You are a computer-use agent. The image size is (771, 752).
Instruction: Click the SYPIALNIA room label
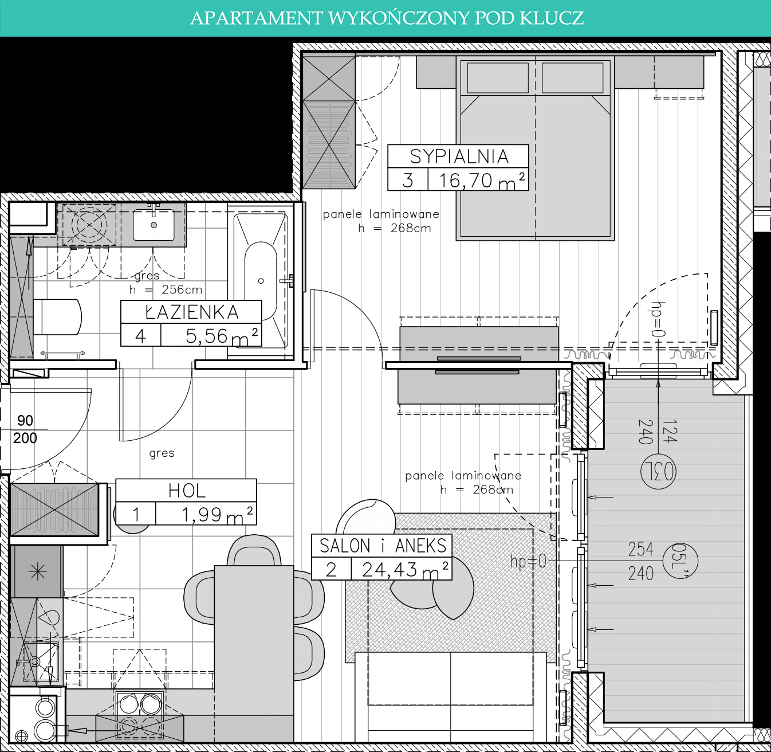coord(459,156)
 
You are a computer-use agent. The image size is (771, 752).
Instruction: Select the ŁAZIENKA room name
coord(192,312)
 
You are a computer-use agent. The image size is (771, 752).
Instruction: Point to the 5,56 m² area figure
coord(222,336)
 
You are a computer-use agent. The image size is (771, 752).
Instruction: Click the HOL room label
coord(187,491)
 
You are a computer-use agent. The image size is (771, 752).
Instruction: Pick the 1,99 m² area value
coord(217,515)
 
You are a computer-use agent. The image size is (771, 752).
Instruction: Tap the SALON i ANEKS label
coord(383,546)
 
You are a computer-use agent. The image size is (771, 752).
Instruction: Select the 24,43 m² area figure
coord(406,570)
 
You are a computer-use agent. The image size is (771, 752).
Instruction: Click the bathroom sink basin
coord(154,225)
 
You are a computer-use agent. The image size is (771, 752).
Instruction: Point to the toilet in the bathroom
coord(57,317)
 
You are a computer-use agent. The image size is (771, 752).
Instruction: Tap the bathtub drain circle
coord(261,281)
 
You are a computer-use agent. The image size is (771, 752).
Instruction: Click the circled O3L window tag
coord(658,471)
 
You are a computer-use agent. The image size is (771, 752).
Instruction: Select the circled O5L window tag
coord(680,561)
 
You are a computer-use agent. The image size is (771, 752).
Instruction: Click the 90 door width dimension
coord(25,420)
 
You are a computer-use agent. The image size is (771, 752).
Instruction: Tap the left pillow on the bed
coord(498,78)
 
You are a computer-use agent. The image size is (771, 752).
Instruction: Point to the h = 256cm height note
coord(166,290)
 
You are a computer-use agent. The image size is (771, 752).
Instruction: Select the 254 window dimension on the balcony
coord(640,549)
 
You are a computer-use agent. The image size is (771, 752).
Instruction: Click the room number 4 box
coord(141,335)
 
